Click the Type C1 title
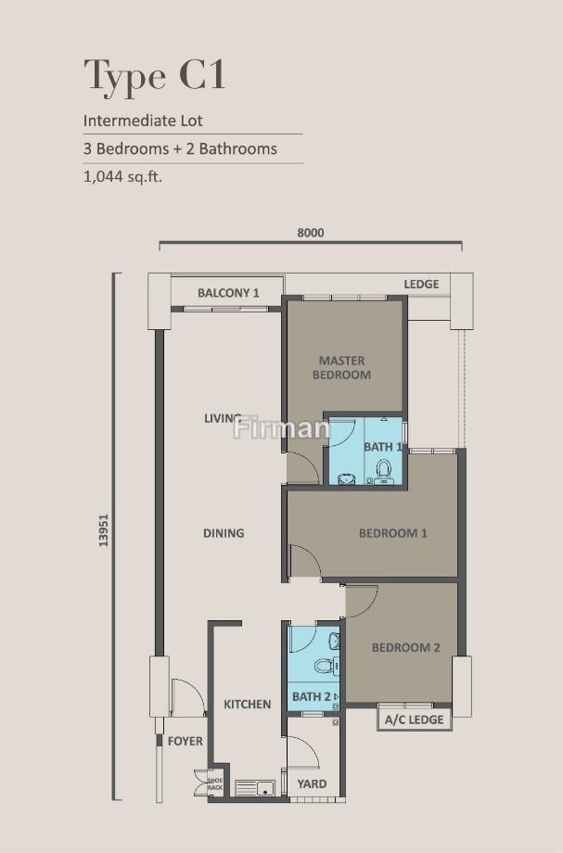pos(155,76)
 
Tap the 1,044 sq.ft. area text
pos(123,176)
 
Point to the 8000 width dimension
pos(311,233)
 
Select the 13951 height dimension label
pos(103,530)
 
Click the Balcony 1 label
pos(228,293)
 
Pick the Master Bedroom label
pos(341,368)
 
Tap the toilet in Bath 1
pos(383,471)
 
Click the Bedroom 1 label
pos(392,533)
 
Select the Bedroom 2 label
pos(406,647)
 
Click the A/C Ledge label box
pos(415,719)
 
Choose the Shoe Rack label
pos(215,783)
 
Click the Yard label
pos(312,783)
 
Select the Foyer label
pos(185,741)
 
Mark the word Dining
pos(224,533)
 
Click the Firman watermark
pos(281,427)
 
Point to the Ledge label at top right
pos(422,284)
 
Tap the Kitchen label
pos(247,704)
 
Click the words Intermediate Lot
pos(143,121)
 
